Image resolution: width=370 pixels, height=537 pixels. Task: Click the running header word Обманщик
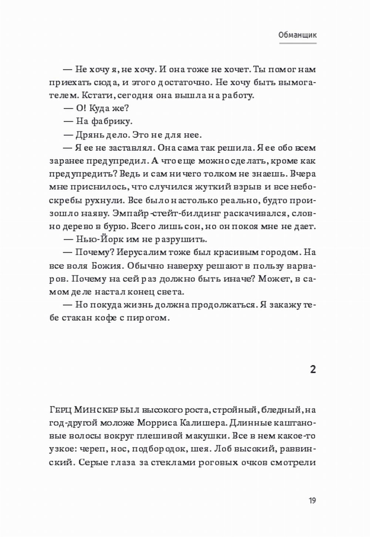point(297,35)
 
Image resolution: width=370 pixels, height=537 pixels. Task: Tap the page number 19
point(312,501)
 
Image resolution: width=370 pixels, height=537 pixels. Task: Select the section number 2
point(313,369)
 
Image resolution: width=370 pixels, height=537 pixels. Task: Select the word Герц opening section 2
point(60,410)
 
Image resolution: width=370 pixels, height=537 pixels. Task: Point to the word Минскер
point(97,410)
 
